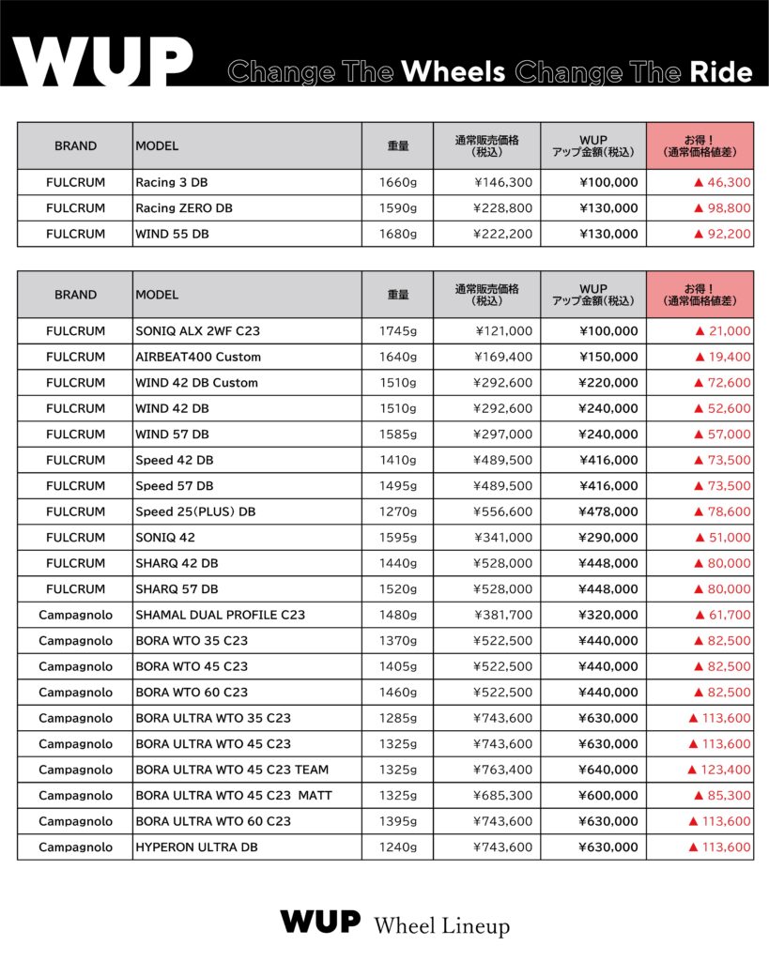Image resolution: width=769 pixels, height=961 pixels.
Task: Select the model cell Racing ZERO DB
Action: point(184,208)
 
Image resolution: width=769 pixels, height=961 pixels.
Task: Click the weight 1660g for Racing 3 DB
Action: point(397,182)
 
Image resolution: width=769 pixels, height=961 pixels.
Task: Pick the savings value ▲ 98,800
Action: point(721,208)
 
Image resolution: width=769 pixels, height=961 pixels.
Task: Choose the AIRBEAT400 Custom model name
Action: point(198,357)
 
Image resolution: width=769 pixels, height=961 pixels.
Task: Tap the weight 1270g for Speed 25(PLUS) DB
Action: point(397,511)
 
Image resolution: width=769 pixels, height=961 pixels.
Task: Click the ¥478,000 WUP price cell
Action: point(608,511)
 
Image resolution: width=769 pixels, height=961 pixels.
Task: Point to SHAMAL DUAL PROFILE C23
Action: point(220,615)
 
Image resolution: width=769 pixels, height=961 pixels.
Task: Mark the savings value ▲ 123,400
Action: point(719,770)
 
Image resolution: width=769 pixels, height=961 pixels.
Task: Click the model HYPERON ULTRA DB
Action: point(196,847)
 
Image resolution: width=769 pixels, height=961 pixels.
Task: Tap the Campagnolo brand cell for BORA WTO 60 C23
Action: point(75,693)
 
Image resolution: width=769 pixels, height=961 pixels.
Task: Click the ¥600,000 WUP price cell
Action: point(608,796)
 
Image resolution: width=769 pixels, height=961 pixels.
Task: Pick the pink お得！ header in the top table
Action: point(700,145)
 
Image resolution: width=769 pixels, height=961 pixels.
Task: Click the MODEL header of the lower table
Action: point(157,295)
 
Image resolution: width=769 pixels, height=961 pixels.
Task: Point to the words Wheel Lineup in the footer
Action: point(441,925)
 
